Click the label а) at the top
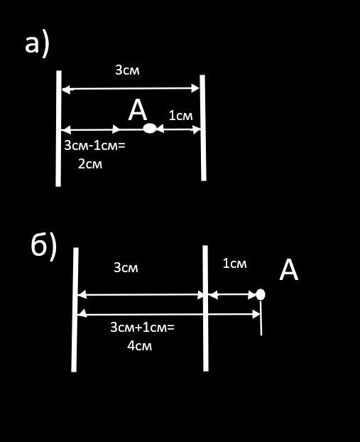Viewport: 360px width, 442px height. pyautogui.click(x=37, y=45)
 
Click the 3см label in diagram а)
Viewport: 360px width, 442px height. pyautogui.click(x=127, y=70)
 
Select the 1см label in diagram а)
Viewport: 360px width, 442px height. pyautogui.click(x=181, y=116)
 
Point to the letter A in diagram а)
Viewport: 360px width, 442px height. pyautogui.click(x=138, y=111)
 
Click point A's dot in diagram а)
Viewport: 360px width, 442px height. pyautogui.click(x=150, y=129)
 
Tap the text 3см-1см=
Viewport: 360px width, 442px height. pyautogui.click(x=94, y=146)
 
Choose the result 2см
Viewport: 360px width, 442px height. pyautogui.click(x=90, y=163)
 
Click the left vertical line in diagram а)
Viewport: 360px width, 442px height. pyautogui.click(x=59, y=129)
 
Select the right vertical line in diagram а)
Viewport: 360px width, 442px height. pyautogui.click(x=203, y=128)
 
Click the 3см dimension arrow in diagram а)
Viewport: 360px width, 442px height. pyautogui.click(x=131, y=89)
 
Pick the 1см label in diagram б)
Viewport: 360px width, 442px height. pyautogui.click(x=234, y=264)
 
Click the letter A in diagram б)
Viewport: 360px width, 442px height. pyautogui.click(x=289, y=270)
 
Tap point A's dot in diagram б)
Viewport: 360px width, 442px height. pyautogui.click(x=261, y=294)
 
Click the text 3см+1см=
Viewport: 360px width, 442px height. pyautogui.click(x=142, y=328)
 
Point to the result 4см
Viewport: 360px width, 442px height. pyautogui.click(x=139, y=345)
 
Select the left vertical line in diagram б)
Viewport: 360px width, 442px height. pyautogui.click(x=75, y=310)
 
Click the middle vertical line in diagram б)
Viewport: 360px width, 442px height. pyautogui.click(x=205, y=308)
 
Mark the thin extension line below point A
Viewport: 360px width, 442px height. pyautogui.click(x=261, y=318)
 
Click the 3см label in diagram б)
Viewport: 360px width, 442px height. pyautogui.click(x=126, y=267)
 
